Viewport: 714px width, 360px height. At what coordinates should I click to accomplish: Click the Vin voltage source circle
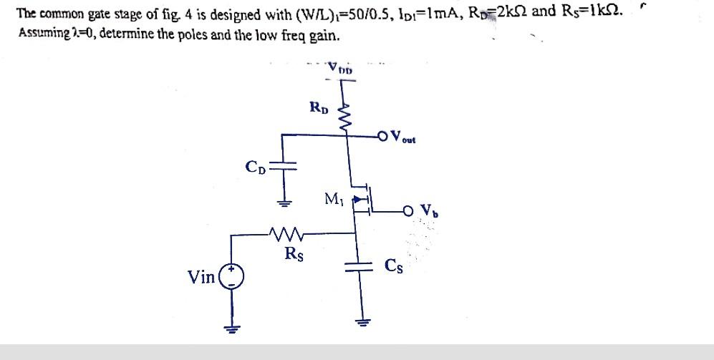coord(231,276)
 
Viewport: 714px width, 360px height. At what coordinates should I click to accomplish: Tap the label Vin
coord(201,277)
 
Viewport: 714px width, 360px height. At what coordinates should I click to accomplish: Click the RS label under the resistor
coord(293,253)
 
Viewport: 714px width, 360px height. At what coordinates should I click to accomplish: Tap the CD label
coord(256,168)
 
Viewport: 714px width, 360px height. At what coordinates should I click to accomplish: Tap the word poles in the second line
coord(189,35)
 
